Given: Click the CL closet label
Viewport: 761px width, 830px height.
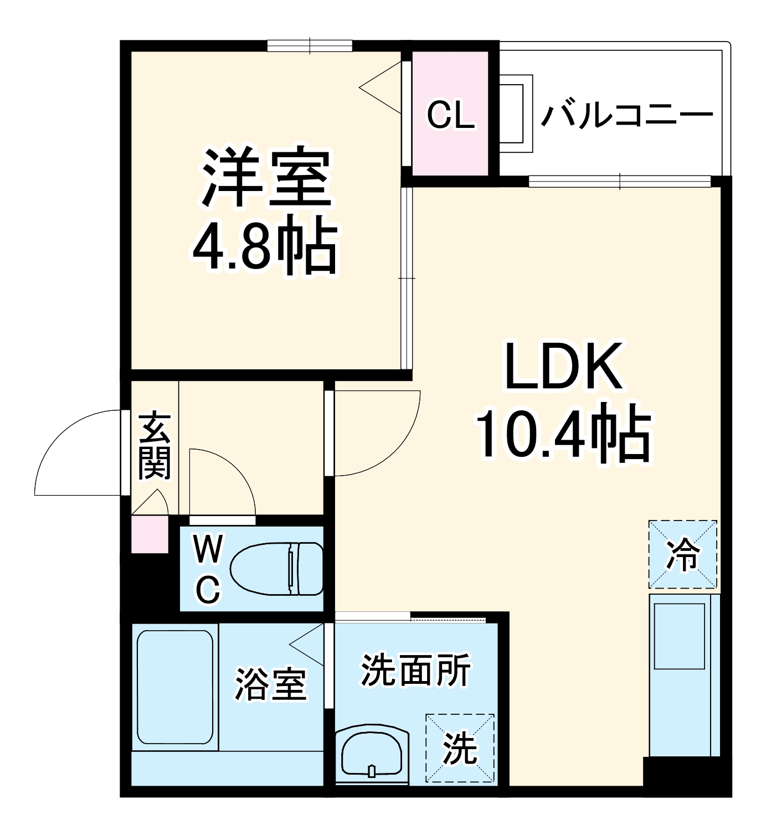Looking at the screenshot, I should point(450,115).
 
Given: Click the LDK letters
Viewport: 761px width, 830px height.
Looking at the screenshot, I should point(563,367).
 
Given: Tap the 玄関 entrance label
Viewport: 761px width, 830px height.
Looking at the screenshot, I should point(154,446).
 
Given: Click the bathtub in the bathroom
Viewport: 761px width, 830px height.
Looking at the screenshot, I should point(175,687).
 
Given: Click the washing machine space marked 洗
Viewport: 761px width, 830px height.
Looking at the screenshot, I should point(460,748).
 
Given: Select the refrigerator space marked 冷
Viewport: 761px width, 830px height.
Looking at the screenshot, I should point(682,554).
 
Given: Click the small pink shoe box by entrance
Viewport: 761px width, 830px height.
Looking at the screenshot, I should point(150,534).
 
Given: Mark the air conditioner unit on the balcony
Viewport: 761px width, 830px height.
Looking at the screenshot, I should point(515,114).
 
